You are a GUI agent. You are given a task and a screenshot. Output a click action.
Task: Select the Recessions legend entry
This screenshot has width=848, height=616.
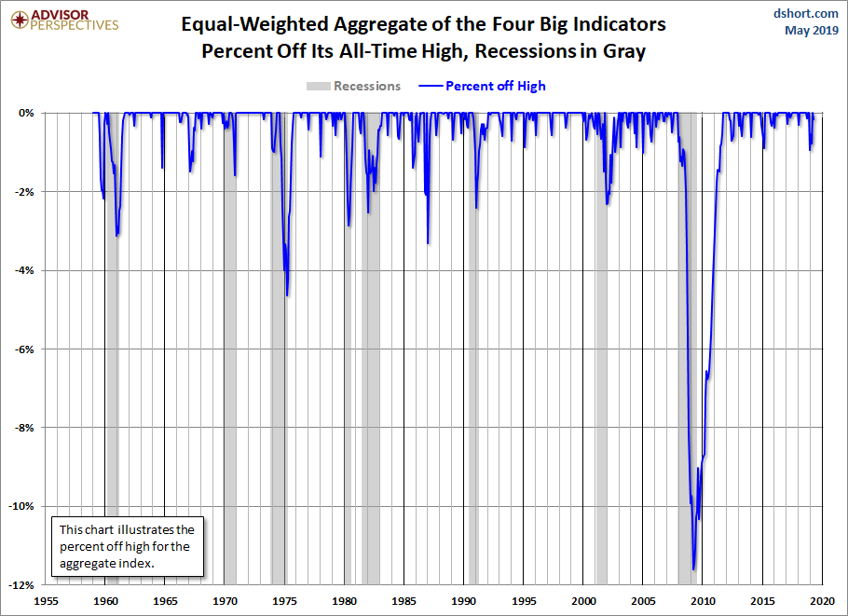click(x=354, y=86)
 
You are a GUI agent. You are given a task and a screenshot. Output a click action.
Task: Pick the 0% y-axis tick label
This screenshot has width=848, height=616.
click(x=28, y=113)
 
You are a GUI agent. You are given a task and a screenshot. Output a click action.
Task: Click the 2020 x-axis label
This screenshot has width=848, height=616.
click(x=822, y=601)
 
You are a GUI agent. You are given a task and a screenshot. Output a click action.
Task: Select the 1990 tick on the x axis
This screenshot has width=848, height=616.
click(x=464, y=601)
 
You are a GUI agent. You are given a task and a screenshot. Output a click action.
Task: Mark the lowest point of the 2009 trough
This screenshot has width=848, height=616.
click(x=693, y=569)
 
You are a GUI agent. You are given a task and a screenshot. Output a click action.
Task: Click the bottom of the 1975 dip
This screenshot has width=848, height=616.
click(x=287, y=295)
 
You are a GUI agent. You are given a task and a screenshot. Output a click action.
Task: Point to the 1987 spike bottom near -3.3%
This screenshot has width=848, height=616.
click(x=428, y=243)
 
